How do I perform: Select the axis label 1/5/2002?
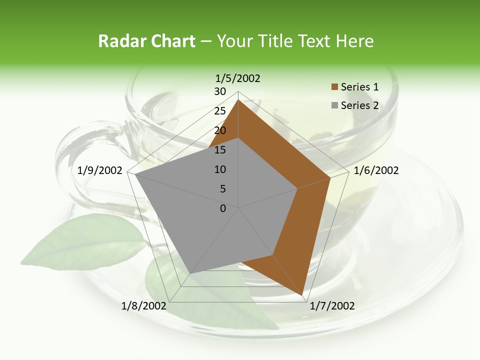pyautogui.click(x=238, y=78)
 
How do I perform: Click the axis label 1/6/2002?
pyautogui.click(x=376, y=170)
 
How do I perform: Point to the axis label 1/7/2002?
pyautogui.click(x=332, y=306)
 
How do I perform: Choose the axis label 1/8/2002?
pyautogui.click(x=144, y=306)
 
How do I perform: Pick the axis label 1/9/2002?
pyautogui.click(x=100, y=170)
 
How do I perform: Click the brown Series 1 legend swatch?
pyautogui.click(x=334, y=87)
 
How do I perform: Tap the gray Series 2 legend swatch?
pyautogui.click(x=334, y=105)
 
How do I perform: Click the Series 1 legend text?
pyautogui.click(x=359, y=87)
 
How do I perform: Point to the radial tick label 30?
pyautogui.click(x=220, y=91)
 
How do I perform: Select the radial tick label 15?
pyautogui.click(x=220, y=150)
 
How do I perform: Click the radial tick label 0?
pyautogui.click(x=223, y=208)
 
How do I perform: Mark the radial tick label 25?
pyautogui.click(x=220, y=111)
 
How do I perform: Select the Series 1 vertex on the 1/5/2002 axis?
pyautogui.click(x=238, y=99)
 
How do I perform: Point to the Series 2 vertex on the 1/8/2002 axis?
pyautogui.click(x=190, y=273)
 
